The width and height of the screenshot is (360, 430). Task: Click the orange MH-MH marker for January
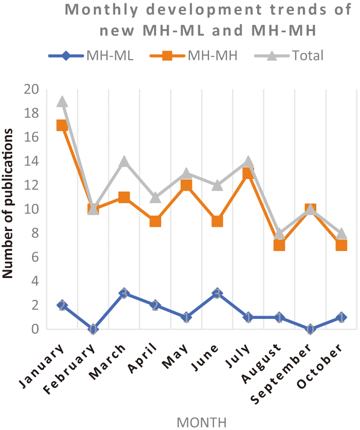pyautogui.click(x=62, y=126)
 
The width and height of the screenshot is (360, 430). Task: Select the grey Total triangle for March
pyautogui.click(x=124, y=161)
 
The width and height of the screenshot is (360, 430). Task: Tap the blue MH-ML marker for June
pyautogui.click(x=217, y=293)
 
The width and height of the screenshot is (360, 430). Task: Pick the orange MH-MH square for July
pyautogui.click(x=249, y=173)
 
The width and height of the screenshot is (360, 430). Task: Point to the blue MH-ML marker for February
pyautogui.click(x=93, y=329)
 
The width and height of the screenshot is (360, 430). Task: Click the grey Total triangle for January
pyautogui.click(x=62, y=101)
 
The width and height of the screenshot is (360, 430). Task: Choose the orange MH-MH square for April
pyautogui.click(x=155, y=221)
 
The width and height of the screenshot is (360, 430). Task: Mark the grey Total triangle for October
pyautogui.click(x=341, y=233)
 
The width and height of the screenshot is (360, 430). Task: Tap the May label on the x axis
pyautogui.click(x=179, y=358)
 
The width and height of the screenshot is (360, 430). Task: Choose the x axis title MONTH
pyautogui.click(x=202, y=423)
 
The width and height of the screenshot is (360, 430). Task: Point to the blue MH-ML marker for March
pyautogui.click(x=124, y=293)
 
